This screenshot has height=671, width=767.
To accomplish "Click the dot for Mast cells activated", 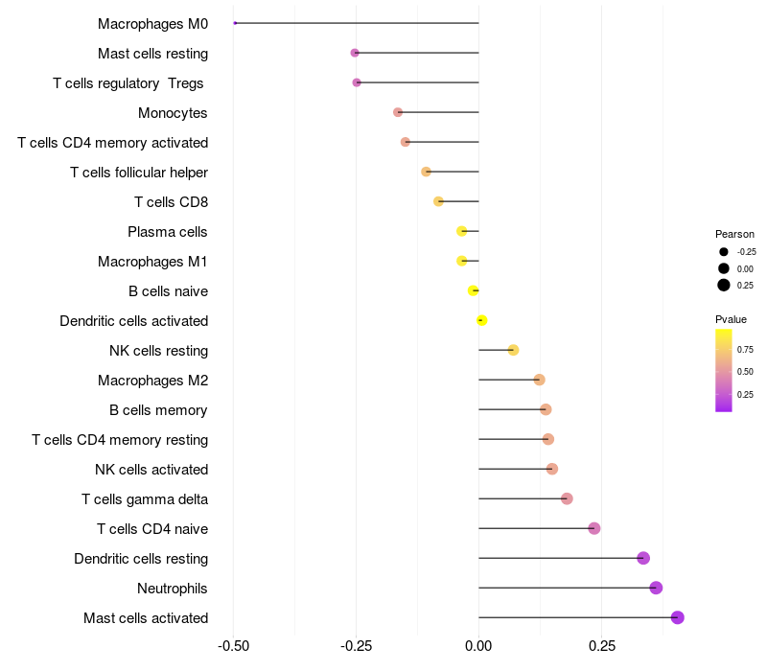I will [x=678, y=617].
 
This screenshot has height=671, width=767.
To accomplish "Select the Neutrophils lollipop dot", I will [x=656, y=588].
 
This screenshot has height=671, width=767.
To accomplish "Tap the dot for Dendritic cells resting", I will [x=643, y=558].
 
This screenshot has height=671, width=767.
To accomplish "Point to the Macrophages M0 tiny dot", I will [x=235, y=23].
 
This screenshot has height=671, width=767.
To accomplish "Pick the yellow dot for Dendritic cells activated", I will [x=482, y=320].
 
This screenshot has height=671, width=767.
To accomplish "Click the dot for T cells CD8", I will [x=438, y=201].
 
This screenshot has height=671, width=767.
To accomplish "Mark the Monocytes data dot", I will [x=398, y=112].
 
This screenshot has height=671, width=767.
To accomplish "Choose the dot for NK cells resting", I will [x=513, y=350].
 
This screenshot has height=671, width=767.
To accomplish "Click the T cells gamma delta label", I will [x=145, y=498].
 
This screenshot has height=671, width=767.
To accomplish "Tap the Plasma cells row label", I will [x=168, y=231].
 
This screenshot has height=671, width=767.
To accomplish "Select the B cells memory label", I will [x=158, y=409].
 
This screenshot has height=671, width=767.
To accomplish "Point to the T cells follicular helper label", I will [x=139, y=172].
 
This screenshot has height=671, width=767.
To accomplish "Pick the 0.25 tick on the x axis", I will [x=601, y=646].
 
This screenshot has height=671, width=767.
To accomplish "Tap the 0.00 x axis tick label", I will [x=478, y=646].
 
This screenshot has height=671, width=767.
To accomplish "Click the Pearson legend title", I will [x=734, y=234].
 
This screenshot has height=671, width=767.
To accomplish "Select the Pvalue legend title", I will [x=731, y=319].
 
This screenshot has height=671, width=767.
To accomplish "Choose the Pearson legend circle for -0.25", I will [x=724, y=251].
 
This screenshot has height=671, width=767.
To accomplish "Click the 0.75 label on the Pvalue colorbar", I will [x=745, y=349].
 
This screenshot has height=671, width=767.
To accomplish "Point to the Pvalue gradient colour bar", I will [x=724, y=370].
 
